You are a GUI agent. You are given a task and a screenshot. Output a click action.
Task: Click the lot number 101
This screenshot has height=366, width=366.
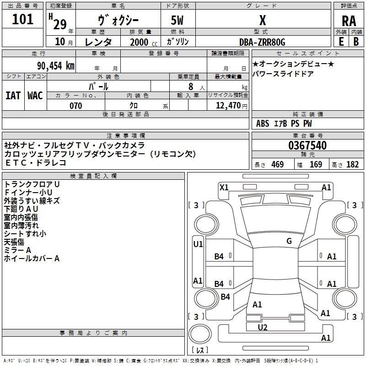click(22, 19)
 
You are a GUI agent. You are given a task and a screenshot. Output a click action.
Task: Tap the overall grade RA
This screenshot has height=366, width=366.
click(349, 21)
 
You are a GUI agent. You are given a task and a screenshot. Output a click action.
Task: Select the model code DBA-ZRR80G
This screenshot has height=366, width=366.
click(262, 42)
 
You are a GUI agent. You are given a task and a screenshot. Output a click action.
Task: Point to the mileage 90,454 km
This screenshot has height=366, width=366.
click(56, 66)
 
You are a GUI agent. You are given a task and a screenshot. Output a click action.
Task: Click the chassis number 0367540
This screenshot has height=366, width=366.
click(307, 145)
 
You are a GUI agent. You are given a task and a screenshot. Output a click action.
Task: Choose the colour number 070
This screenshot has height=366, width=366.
click(76, 106)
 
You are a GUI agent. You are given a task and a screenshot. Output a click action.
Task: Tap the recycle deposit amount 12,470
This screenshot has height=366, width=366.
click(228, 106)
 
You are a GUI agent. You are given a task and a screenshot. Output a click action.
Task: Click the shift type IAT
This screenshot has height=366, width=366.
click(13, 96)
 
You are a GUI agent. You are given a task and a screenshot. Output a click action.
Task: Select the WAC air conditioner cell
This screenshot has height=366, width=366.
click(35, 96)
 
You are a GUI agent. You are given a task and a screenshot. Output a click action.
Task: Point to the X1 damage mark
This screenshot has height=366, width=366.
click(224, 188)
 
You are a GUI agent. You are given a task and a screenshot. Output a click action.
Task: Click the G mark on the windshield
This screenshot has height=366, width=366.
click(289, 241)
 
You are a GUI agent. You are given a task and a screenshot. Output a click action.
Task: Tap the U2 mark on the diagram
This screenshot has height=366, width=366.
click(262, 328)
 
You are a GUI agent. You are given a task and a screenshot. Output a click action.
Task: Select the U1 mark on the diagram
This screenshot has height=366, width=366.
click(198, 244)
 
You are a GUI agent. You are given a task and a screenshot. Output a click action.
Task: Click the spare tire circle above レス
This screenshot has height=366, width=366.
click(200, 334)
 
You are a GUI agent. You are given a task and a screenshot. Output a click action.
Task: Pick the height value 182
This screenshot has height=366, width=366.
click(352, 165)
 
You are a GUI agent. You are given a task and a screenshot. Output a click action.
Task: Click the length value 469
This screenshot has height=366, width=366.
click(278, 165)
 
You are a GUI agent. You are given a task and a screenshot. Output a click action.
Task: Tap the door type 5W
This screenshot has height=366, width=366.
click(177, 20)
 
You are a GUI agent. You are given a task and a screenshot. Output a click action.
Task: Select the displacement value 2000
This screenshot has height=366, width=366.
click(139, 42)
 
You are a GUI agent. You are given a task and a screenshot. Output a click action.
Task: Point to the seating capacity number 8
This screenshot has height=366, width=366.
click(191, 86)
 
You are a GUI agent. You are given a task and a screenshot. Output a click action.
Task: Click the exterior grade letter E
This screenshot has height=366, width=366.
click(341, 42)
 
